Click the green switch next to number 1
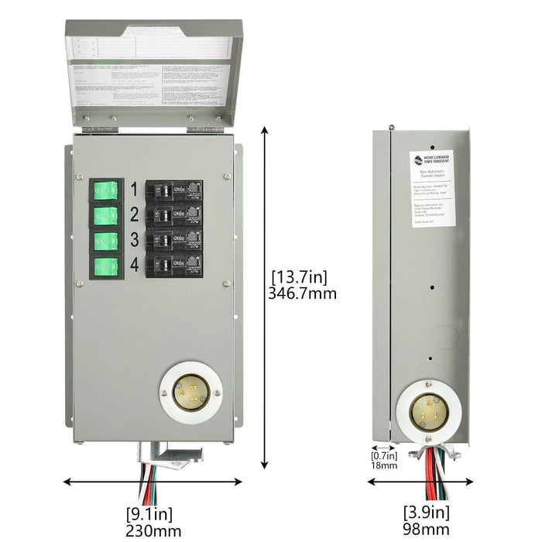click(x=105, y=190)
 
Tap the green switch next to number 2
click(x=105, y=214)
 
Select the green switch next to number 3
click(x=105, y=241)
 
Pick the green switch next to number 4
click(x=105, y=267)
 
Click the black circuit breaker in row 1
click(x=175, y=190)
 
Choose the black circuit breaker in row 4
click(x=175, y=266)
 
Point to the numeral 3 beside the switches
click(x=134, y=239)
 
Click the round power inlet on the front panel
click(x=189, y=393)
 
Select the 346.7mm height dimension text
click(x=302, y=293)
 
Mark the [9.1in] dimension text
click(x=149, y=513)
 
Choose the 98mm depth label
click(x=425, y=530)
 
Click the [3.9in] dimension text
click(x=426, y=512)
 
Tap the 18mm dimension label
click(x=382, y=465)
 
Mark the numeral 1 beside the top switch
click(x=134, y=188)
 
